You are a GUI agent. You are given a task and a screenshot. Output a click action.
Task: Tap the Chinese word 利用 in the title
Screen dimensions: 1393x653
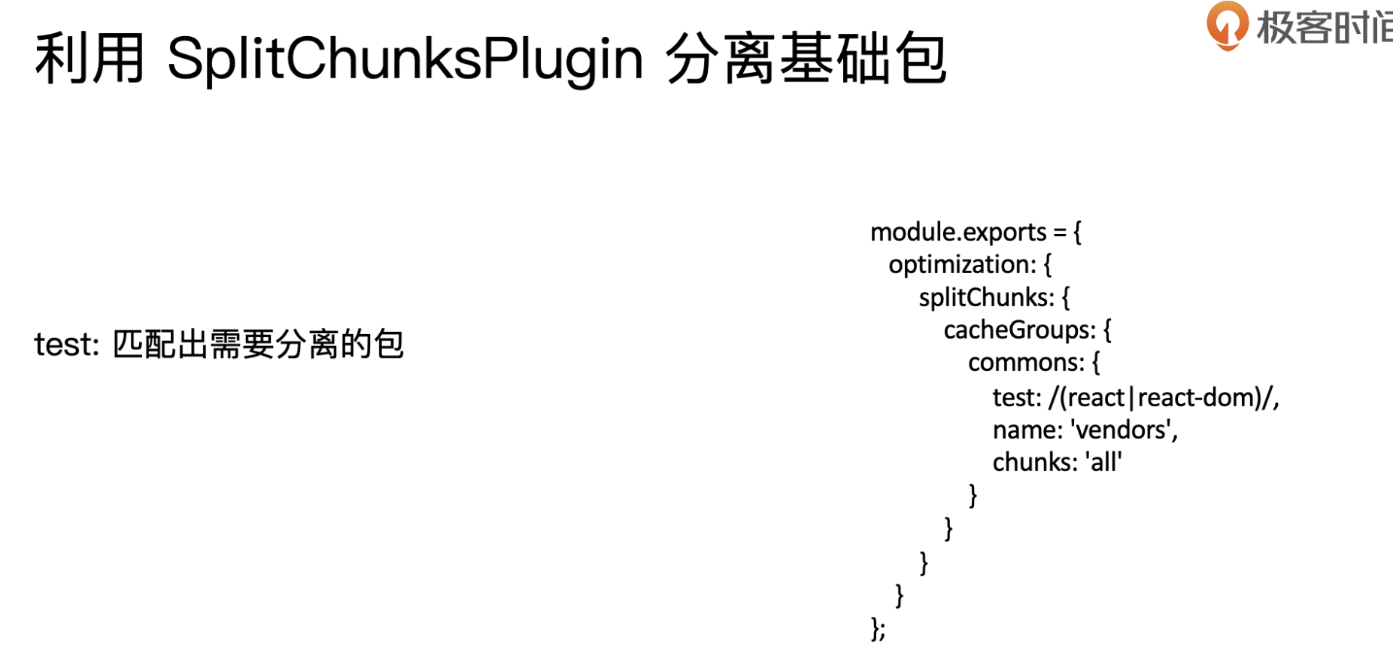click(90, 59)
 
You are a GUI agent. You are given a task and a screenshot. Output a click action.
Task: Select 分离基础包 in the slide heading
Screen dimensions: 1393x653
click(806, 59)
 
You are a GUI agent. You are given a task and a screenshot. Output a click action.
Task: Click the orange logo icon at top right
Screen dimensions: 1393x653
click(1227, 25)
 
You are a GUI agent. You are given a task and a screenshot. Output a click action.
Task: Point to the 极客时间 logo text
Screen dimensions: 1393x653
click(1325, 27)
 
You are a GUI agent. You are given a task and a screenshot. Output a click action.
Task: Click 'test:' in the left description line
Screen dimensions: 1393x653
click(67, 345)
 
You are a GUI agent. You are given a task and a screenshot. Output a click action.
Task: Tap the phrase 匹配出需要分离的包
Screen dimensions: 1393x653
click(258, 345)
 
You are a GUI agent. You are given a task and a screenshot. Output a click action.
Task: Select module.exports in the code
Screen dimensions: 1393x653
click(958, 232)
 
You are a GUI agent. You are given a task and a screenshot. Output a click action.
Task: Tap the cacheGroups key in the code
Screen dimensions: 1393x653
click(1020, 330)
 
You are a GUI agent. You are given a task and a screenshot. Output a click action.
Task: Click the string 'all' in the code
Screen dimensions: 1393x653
click(1103, 461)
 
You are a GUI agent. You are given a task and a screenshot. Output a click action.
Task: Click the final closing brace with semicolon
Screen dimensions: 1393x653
click(878, 628)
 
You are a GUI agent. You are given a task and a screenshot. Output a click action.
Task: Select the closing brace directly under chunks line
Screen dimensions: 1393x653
click(973, 495)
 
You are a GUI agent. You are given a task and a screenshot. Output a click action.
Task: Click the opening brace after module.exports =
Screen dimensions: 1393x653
click(1077, 232)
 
